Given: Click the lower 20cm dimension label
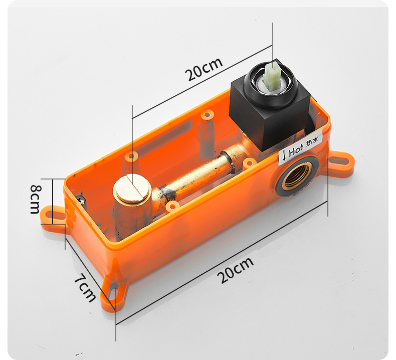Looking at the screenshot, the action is coord(236,270).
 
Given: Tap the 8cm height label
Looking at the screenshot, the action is coord(36,199).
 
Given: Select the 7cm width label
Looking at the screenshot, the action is coord(85,287).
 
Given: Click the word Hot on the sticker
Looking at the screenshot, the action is coord(295,150).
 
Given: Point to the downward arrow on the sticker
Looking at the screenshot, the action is coord(284,155).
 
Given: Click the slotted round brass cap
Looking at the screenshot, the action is coord(132,187).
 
